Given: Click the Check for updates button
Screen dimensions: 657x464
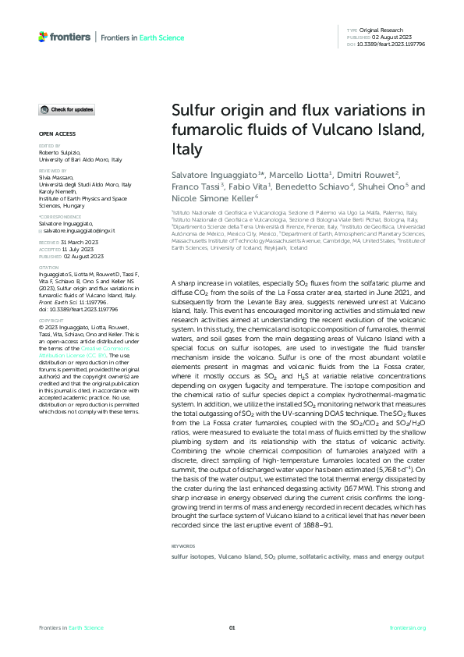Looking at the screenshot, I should pos(69,109).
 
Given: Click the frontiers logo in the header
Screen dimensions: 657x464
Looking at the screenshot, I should pos(65,37).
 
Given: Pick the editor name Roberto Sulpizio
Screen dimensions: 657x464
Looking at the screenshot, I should pos(62,153).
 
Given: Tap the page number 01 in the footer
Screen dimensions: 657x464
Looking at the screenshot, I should pos(232,628).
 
